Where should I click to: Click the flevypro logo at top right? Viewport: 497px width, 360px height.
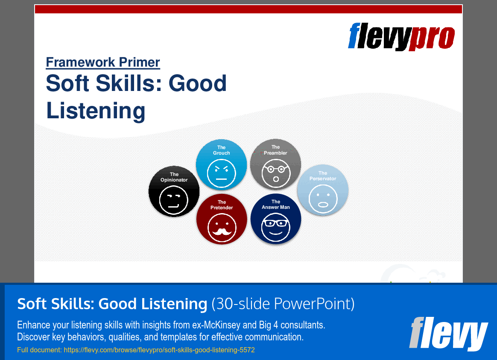pos(401,36)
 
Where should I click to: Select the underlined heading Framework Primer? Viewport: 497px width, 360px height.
pos(103,62)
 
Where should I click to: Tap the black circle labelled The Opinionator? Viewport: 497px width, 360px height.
pos(174,191)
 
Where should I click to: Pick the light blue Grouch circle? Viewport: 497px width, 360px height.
pos(221,164)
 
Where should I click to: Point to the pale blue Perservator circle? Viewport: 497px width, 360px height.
pos(323,190)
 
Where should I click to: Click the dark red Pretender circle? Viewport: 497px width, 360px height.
pos(222,219)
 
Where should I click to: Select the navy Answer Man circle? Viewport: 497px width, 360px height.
pos(276,219)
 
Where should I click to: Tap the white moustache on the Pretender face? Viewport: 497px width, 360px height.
pos(222,231)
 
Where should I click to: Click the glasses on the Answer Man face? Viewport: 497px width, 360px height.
pos(276,223)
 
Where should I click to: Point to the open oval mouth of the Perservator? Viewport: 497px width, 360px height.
pos(323,205)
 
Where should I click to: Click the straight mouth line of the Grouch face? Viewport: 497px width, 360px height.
pos(221,179)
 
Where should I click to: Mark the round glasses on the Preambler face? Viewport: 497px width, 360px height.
pos(276,169)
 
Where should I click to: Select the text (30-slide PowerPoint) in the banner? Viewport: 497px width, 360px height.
pos(283,304)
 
